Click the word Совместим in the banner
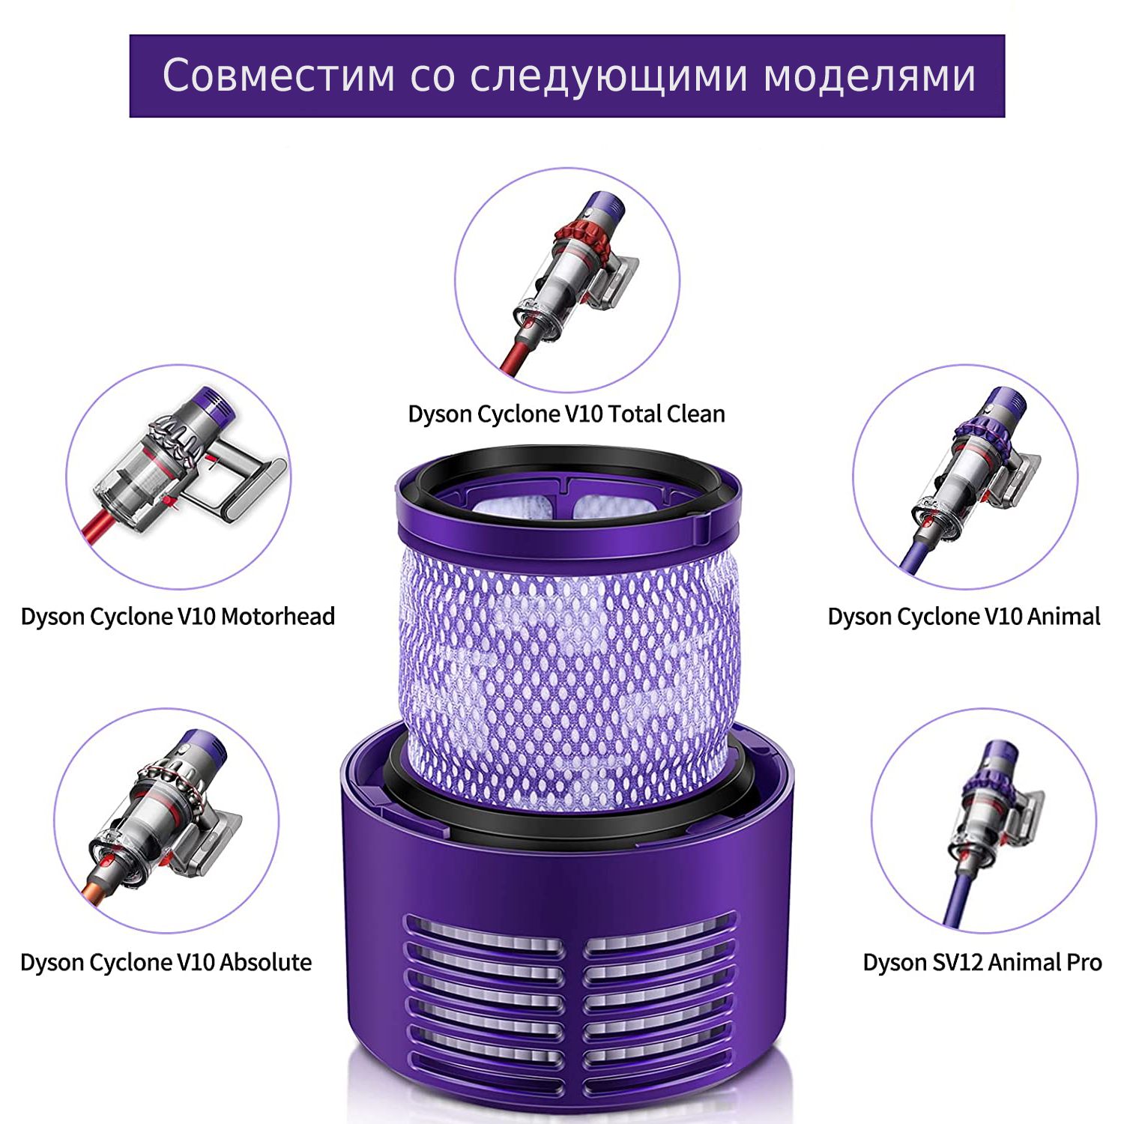click(279, 76)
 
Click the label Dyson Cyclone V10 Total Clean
click(566, 414)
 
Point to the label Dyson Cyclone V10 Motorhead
click(178, 617)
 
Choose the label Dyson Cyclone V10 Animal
click(964, 617)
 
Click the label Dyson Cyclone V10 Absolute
click(166, 962)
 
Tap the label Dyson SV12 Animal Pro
click(982, 962)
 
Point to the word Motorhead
click(278, 617)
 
